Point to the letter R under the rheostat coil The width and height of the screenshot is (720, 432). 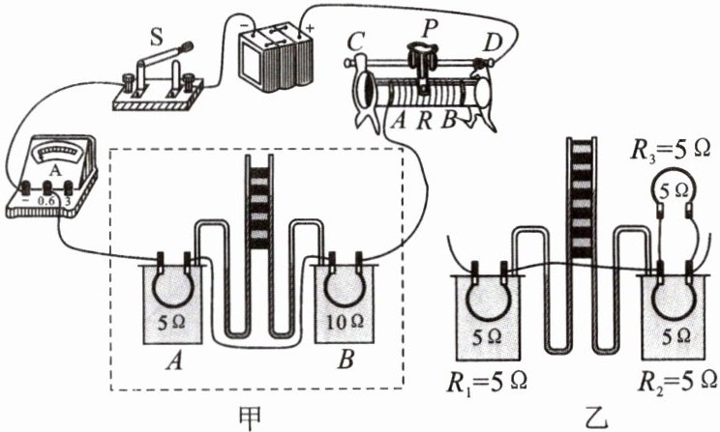pyautogui.click(x=423, y=121)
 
